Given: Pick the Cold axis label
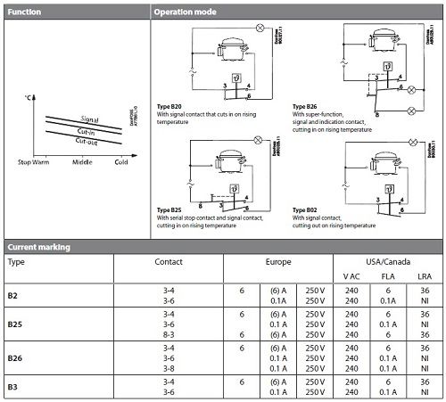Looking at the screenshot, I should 120,161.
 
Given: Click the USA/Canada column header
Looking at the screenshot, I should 383,264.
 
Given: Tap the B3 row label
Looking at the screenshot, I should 12,386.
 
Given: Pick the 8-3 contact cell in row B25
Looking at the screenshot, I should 169,335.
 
